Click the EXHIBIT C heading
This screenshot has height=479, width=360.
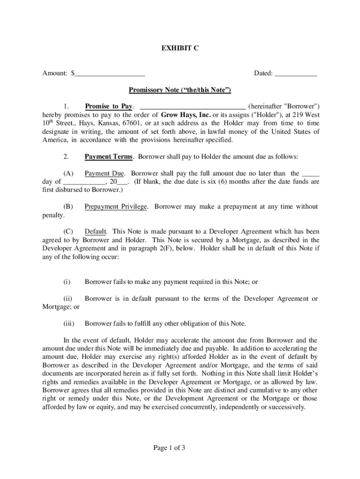180,48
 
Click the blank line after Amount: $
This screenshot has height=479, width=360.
110,74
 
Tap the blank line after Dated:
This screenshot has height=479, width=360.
295,74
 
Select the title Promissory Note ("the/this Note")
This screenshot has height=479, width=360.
180,90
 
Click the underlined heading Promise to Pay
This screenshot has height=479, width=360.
108,106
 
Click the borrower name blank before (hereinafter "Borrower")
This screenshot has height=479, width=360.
193,107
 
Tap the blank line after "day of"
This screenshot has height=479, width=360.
84,182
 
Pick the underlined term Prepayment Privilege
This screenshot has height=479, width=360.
116,206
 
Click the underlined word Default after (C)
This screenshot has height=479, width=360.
96,232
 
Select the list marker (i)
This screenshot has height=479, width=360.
67,282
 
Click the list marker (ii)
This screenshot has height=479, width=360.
67,298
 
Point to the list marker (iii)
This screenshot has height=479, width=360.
68,323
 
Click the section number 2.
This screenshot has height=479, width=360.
66,156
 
